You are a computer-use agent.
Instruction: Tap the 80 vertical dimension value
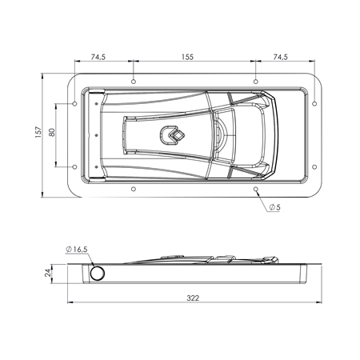[x=51, y=134]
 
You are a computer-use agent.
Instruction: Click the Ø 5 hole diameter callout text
[x=274, y=207]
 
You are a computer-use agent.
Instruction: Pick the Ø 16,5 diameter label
[x=78, y=250]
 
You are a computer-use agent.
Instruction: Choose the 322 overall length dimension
[x=193, y=298]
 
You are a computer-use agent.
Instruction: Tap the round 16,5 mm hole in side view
[x=97, y=274]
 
